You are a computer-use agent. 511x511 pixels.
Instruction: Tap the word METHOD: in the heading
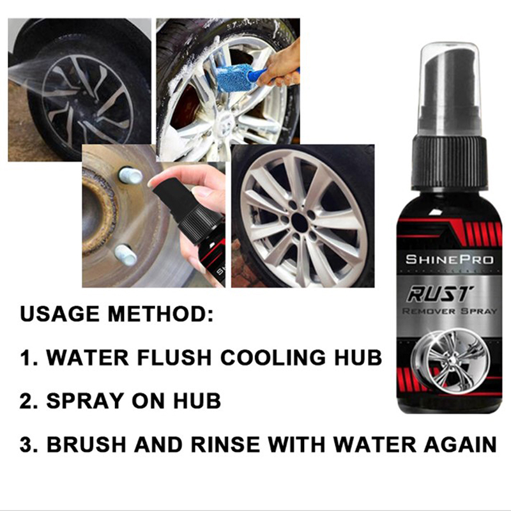(161, 314)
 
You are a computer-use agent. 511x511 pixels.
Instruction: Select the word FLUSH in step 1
(174, 357)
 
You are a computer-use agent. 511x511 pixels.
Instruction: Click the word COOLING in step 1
(273, 357)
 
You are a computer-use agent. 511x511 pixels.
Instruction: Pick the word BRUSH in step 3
(86, 444)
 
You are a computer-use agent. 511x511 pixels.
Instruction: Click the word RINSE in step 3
(225, 444)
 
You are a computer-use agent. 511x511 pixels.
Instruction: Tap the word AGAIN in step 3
(460, 444)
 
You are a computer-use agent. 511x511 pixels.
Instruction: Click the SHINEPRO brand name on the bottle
(449, 260)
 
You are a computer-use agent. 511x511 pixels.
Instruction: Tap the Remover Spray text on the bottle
(449, 311)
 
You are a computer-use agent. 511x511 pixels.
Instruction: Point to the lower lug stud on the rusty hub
(125, 254)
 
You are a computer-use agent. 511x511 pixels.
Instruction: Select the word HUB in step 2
(197, 400)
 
